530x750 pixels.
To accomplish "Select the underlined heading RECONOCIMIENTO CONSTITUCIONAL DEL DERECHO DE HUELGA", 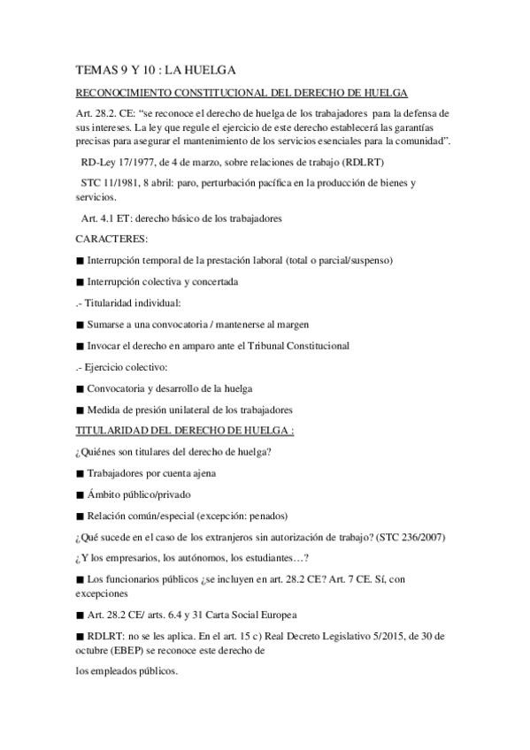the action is (x=242, y=94).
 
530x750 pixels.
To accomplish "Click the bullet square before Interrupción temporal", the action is (x=80, y=261).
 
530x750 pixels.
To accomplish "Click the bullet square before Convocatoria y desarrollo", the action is (x=80, y=388).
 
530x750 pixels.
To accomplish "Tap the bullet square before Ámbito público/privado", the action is (x=80, y=494).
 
